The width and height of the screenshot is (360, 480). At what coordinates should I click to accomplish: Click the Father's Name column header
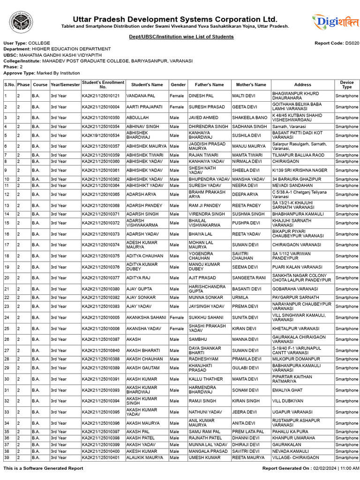209,85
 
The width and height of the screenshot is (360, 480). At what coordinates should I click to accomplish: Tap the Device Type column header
346,85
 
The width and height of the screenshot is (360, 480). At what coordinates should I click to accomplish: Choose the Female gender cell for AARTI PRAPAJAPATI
177,107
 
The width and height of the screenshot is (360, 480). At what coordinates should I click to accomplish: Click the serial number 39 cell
7,457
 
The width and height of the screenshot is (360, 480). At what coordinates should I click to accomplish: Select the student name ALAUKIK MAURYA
145,457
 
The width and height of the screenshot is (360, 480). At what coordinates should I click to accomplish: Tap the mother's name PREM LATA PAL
248,432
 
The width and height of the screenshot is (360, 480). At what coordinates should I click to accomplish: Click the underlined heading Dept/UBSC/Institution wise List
181,37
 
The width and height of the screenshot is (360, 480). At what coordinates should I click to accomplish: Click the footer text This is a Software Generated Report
43,468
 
